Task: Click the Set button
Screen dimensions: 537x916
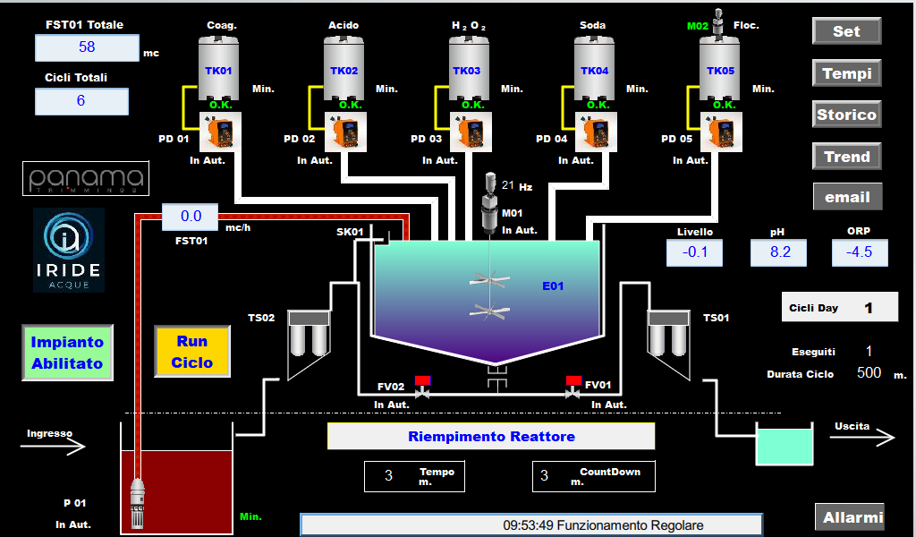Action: coord(846,31)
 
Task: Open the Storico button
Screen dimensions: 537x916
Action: coord(846,115)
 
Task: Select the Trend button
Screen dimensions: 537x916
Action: coord(846,157)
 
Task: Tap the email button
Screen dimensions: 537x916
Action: coord(846,197)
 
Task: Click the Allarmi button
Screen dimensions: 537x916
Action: coord(850,517)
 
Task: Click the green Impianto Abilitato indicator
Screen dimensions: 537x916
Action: coord(68,353)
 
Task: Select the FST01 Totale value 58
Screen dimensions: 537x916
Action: coord(87,47)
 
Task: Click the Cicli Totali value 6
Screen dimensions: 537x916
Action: coord(81,101)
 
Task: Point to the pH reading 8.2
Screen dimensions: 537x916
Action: coord(780,252)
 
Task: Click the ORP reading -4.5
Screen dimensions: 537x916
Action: coord(860,252)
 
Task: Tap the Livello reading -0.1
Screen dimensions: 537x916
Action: coord(695,252)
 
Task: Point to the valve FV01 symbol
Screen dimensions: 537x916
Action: coord(573,388)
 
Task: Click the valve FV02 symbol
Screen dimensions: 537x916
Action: coord(422,388)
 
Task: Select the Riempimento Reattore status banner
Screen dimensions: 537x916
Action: coord(491,436)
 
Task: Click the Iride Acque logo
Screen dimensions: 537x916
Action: coord(68,250)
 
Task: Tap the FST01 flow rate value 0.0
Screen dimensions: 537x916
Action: coord(191,217)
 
